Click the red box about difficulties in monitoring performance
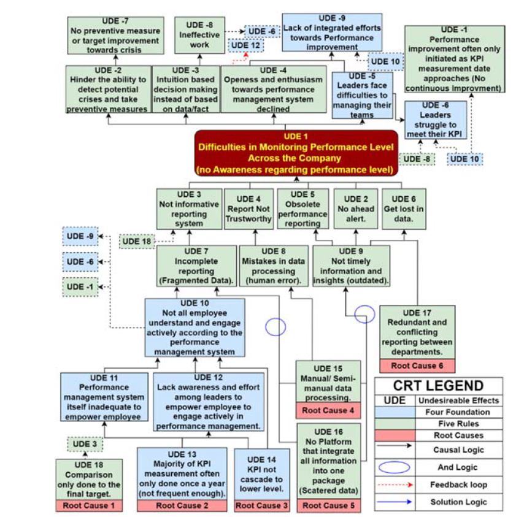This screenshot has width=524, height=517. (296, 152)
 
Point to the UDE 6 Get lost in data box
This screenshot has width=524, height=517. (403, 208)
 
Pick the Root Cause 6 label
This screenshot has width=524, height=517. (417, 366)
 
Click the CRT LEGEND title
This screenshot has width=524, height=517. (438, 386)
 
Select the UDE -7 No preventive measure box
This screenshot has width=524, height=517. (115, 34)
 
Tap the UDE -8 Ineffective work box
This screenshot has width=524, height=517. (199, 34)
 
